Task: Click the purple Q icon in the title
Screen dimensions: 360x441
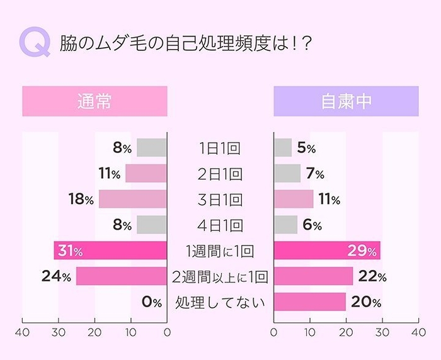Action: (35, 43)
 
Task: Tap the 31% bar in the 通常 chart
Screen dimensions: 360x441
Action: (110, 251)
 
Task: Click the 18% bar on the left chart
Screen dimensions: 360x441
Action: (133, 200)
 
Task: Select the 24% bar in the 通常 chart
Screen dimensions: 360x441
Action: (122, 276)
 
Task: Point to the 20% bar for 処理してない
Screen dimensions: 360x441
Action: (309, 302)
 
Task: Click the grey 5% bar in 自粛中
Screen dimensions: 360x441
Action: (283, 148)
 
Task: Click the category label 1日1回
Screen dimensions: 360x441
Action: (220, 149)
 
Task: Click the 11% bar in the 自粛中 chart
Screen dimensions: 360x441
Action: (294, 200)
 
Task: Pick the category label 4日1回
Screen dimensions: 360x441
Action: (220, 225)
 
